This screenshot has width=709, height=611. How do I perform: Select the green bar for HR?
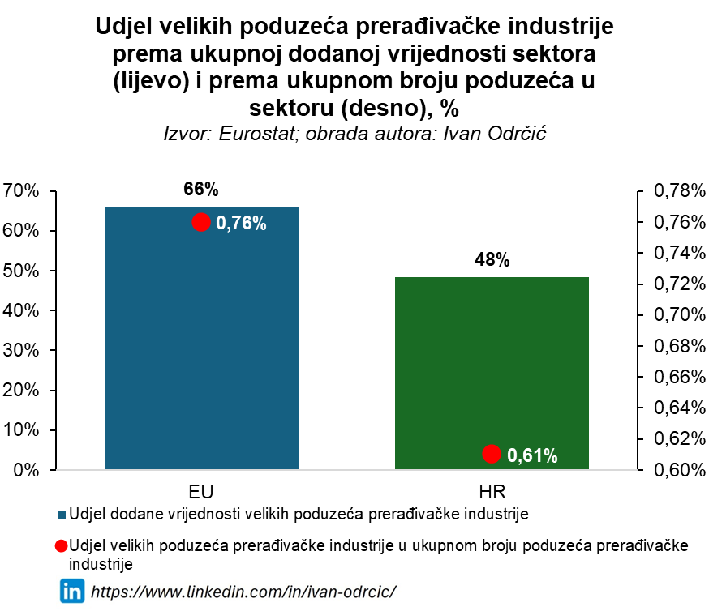point(492,373)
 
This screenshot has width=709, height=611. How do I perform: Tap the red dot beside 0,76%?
point(201,223)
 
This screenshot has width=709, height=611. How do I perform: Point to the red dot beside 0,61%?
point(491,454)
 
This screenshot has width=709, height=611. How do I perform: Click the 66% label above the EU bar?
point(201,190)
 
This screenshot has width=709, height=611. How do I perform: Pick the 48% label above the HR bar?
point(492,260)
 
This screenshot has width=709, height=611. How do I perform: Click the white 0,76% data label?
point(241,224)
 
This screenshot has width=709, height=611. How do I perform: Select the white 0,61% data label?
point(532,455)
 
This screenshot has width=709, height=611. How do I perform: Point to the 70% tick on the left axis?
point(21,191)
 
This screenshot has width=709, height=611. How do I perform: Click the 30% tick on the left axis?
point(21,350)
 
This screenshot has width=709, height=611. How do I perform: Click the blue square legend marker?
point(62,514)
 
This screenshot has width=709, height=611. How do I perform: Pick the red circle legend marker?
point(62,546)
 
